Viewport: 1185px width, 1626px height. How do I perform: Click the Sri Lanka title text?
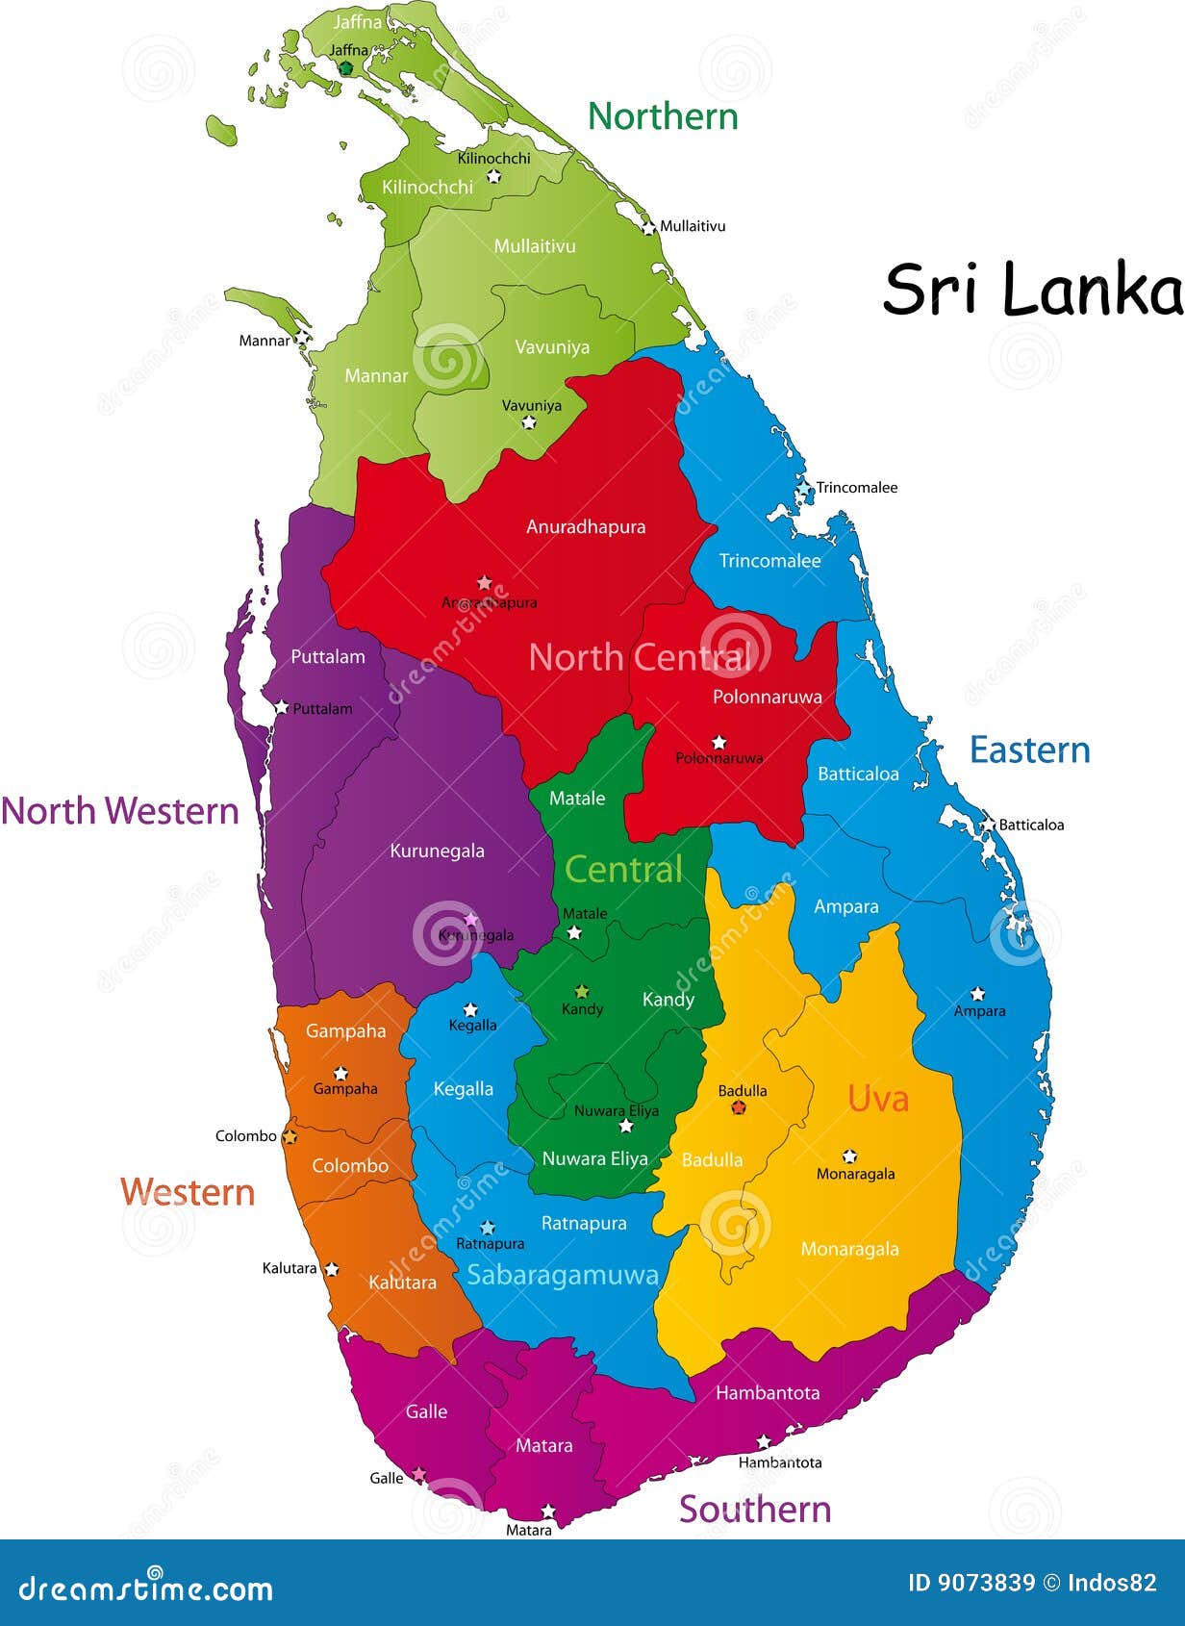(1032, 289)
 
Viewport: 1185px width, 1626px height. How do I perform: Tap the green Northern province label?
(663, 116)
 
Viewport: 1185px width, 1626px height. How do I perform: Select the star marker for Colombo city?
(289, 1137)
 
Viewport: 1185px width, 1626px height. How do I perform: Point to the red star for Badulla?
(739, 1107)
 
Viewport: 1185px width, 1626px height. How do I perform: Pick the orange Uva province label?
(877, 1098)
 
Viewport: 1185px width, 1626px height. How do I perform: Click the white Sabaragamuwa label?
(563, 1275)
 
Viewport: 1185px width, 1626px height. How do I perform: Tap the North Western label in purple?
(120, 810)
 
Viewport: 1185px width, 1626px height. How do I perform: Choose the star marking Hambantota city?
(764, 1442)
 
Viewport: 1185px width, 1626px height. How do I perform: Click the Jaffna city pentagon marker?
(346, 67)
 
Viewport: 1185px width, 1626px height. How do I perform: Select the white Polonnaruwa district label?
(767, 696)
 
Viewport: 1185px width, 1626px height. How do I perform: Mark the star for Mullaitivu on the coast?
(649, 227)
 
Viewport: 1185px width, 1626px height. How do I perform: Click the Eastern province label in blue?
(1029, 749)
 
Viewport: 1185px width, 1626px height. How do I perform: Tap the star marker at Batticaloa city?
(988, 826)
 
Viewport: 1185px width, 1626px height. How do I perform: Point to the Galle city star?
(419, 1474)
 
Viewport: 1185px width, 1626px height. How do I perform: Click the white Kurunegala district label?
(437, 851)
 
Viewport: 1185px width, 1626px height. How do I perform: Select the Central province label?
(623, 869)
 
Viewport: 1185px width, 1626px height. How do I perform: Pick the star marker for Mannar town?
(302, 338)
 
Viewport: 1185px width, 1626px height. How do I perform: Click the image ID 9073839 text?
(971, 1583)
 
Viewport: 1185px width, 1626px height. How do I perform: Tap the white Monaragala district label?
(849, 1249)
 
